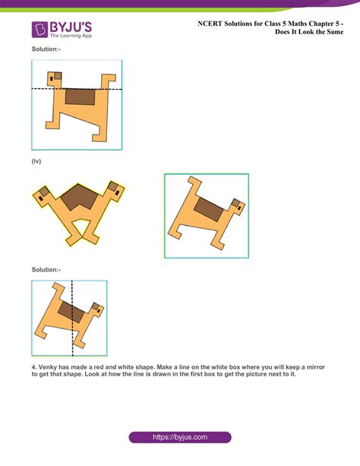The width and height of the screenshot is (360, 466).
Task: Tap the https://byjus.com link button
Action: [x=179, y=438]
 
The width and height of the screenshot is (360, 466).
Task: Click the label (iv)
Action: [x=36, y=161]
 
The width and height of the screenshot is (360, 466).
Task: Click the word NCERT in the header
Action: [x=210, y=24]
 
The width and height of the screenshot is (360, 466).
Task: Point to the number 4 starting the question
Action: [x=33, y=367]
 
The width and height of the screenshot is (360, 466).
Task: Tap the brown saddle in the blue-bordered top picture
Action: [x=80, y=97]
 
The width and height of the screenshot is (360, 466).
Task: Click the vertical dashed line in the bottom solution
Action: [x=72, y=319]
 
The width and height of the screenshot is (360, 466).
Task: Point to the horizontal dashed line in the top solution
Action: [x=76, y=89]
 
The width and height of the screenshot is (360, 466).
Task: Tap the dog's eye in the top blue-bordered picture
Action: [x=52, y=77]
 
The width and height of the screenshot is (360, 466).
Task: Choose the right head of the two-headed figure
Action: [x=115, y=190]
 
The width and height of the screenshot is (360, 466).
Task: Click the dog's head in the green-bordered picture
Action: [x=237, y=206]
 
